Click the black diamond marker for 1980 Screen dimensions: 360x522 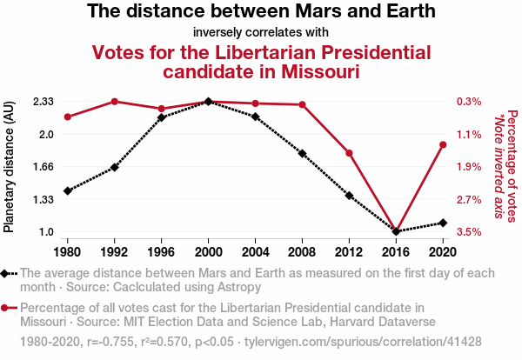coord(67,190)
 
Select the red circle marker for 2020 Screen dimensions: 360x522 coord(443,144)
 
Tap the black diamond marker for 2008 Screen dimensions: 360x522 coord(302,153)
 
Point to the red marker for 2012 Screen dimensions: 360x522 coord(349,153)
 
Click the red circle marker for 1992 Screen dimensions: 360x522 coord(114,102)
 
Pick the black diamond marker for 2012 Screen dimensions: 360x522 coord(349,196)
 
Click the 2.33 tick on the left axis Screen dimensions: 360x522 coord(44,102)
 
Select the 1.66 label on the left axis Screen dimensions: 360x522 coord(44,167)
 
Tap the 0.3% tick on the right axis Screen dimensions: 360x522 coord(468,102)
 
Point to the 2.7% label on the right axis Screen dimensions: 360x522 coord(468,200)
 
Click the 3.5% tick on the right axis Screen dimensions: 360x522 coord(468,232)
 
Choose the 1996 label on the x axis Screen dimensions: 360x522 coord(161,252)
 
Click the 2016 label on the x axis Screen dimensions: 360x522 coord(396,252)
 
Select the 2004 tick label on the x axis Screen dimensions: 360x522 coord(255,252)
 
